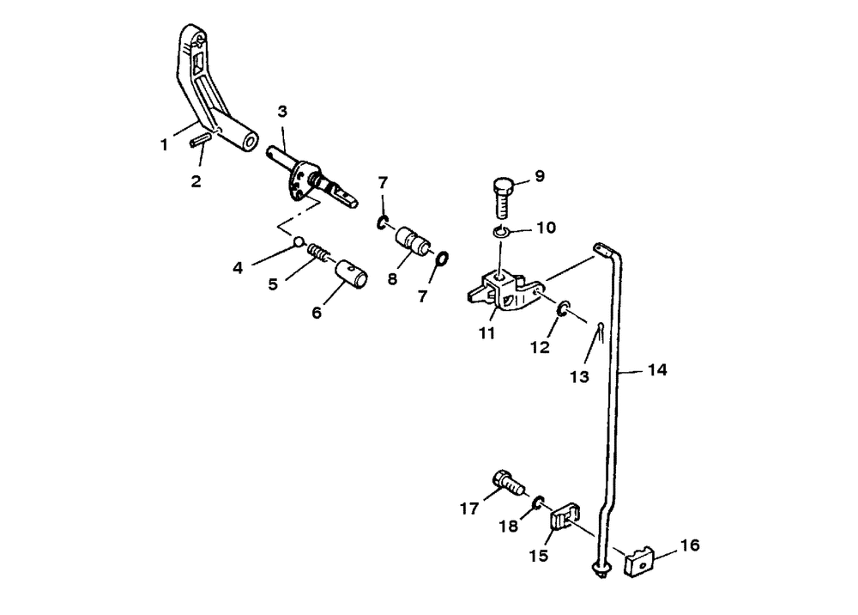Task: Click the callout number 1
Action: (164, 146)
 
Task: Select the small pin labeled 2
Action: (202, 137)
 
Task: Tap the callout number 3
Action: (282, 111)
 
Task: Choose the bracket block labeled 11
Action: (502, 288)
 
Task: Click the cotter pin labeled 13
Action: (600, 329)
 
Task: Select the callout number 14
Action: (656, 371)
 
